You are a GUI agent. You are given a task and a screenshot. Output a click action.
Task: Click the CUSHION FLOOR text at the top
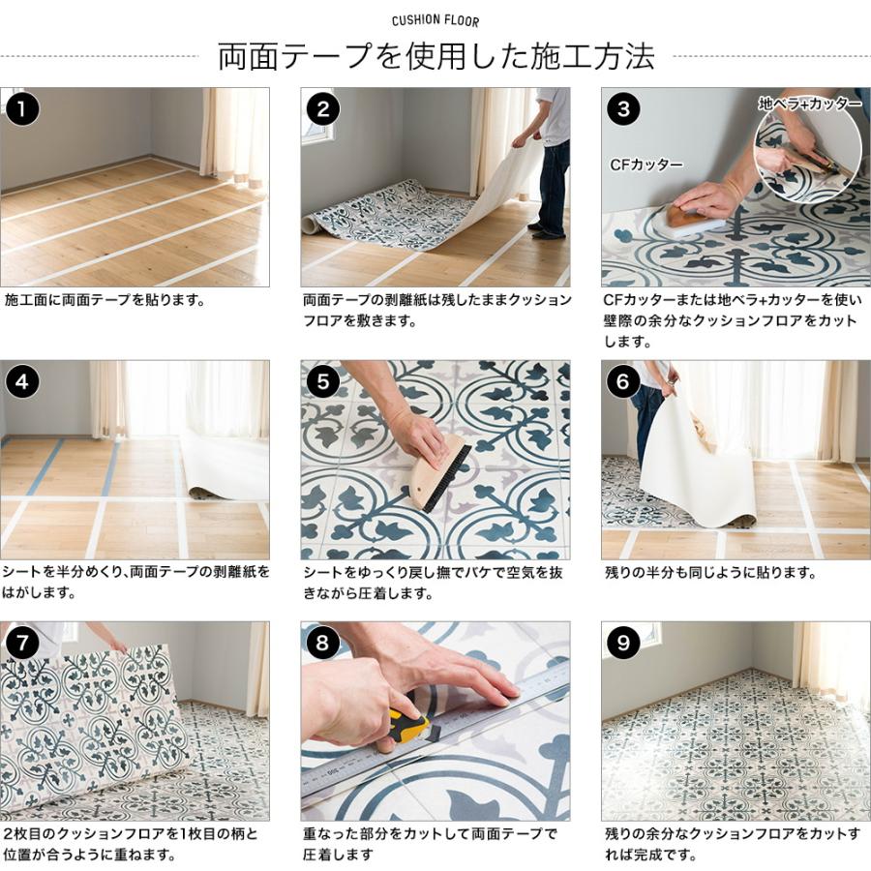pos(435,20)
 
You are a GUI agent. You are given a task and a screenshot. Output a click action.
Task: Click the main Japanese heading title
pos(435,56)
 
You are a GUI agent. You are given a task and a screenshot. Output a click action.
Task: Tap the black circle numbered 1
pos(22,108)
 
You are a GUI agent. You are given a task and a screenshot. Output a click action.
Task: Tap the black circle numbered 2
pos(322,108)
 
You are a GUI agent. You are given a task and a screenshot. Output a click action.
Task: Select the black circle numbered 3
pos(622,108)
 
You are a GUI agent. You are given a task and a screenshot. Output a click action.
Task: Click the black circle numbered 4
pos(22,381)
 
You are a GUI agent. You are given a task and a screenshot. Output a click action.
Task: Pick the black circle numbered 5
pos(322,381)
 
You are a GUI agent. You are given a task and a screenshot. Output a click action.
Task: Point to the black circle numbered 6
pos(622,381)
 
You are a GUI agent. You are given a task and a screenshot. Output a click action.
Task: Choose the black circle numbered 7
pos(22,643)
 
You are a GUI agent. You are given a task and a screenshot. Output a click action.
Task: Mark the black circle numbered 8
pos(322,643)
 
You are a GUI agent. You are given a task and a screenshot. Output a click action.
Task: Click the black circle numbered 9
pos(622,643)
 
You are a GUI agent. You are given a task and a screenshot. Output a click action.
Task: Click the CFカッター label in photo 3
pos(646,165)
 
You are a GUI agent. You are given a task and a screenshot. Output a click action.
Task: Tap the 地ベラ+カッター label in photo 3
pos(809,103)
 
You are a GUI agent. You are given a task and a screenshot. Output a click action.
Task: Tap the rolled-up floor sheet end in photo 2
pos(311,225)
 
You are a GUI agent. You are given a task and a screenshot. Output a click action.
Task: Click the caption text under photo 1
pos(105,300)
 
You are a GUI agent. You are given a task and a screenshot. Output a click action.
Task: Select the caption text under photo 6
pos(710,573)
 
